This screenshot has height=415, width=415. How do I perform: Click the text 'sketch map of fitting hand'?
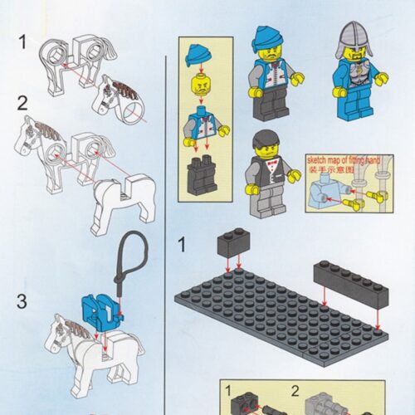(342, 157)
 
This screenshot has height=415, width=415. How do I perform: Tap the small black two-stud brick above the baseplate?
(232, 242)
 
